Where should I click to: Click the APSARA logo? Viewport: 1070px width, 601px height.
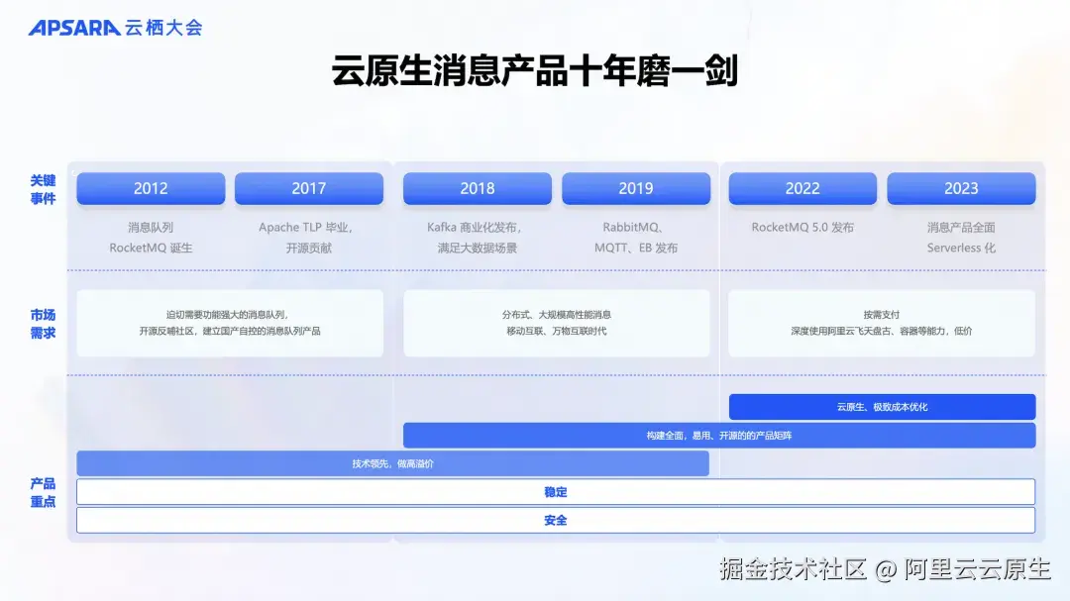(x=74, y=28)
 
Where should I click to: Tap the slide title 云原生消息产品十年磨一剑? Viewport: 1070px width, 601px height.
(x=535, y=71)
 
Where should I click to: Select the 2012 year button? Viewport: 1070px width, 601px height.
(x=151, y=188)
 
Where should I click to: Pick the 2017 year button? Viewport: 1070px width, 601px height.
(x=309, y=188)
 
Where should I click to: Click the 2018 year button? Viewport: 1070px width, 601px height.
(x=478, y=188)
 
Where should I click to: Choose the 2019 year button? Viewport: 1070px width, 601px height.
(x=636, y=188)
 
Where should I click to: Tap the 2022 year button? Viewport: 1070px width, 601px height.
(x=802, y=188)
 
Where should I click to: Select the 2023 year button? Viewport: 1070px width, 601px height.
(x=961, y=188)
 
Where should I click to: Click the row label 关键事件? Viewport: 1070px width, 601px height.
(x=43, y=189)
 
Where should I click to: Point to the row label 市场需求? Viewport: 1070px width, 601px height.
(x=43, y=324)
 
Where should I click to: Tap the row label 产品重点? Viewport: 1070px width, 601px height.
(x=43, y=492)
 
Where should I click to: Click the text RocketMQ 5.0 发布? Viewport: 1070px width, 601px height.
(x=802, y=228)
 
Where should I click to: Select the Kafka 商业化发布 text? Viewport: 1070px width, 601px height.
(x=475, y=228)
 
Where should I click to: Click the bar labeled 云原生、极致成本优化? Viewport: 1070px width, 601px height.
(x=882, y=407)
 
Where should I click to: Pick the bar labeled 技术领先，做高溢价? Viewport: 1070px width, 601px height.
(x=392, y=463)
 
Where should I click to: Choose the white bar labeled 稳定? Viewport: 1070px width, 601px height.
(x=556, y=492)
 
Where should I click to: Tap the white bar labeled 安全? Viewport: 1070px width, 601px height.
(x=556, y=520)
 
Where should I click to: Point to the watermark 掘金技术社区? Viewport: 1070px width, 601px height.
(x=794, y=569)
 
